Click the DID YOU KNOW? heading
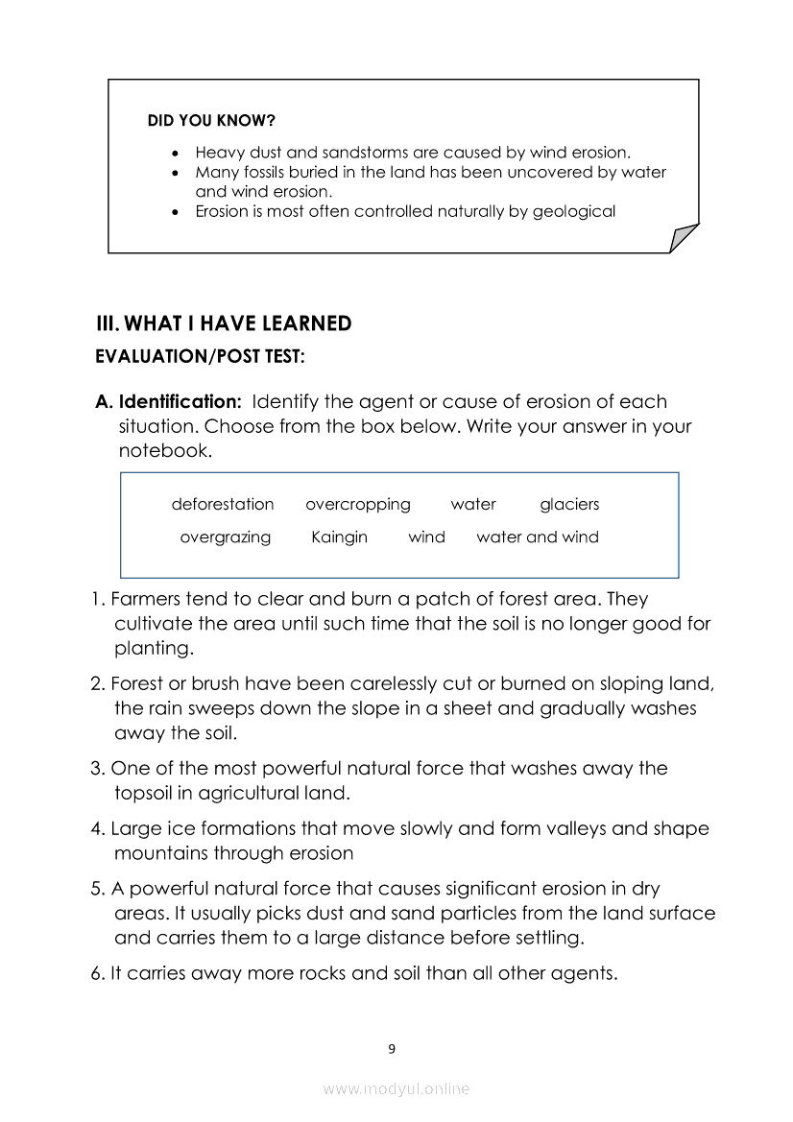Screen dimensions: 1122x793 click(211, 121)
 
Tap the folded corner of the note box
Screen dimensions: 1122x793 click(683, 237)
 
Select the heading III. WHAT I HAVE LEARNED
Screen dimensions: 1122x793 click(224, 323)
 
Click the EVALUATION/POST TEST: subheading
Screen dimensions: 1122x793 click(201, 357)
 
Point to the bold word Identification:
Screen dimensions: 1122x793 click(180, 401)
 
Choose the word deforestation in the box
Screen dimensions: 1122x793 click(223, 504)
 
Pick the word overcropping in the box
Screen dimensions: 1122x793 click(357, 504)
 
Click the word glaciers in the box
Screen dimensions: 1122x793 click(569, 504)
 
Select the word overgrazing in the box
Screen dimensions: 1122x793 click(226, 537)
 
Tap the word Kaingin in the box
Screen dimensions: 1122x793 click(339, 537)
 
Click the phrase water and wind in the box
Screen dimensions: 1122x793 click(538, 537)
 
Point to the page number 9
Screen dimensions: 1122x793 click(392, 1048)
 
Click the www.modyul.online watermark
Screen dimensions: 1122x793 click(396, 1088)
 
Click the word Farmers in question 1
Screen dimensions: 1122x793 click(146, 599)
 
